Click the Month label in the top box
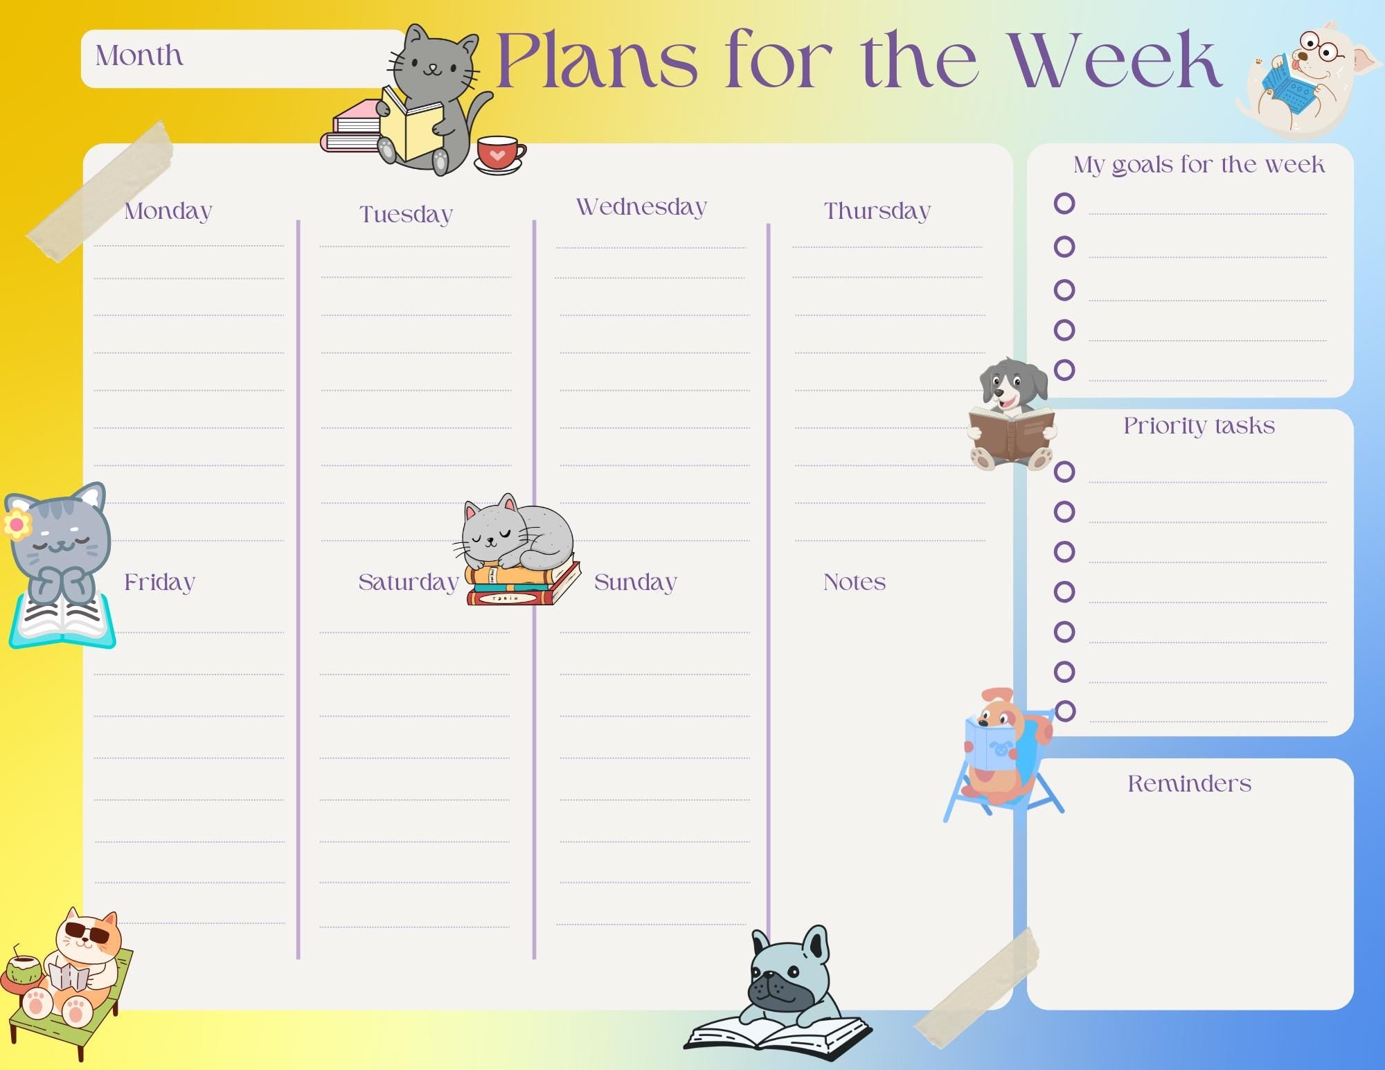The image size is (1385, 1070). pyautogui.click(x=139, y=56)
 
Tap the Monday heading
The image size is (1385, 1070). pyautogui.click(x=168, y=211)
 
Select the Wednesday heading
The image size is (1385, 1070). pyautogui.click(x=641, y=206)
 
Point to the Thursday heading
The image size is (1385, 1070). pyautogui.click(x=877, y=211)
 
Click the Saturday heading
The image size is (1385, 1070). pyautogui.click(x=408, y=582)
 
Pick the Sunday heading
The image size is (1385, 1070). pyautogui.click(x=635, y=582)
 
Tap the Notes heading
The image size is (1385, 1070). pyautogui.click(x=854, y=582)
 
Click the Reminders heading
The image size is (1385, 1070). pyautogui.click(x=1189, y=783)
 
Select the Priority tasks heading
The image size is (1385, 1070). pyautogui.click(x=1199, y=425)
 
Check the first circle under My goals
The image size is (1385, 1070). pyautogui.click(x=1064, y=204)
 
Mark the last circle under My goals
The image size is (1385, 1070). pyautogui.click(x=1064, y=370)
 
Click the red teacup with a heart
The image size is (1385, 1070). pyautogui.click(x=499, y=154)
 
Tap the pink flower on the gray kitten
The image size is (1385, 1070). pyautogui.click(x=17, y=524)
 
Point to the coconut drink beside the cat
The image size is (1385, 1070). pyautogui.click(x=23, y=970)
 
